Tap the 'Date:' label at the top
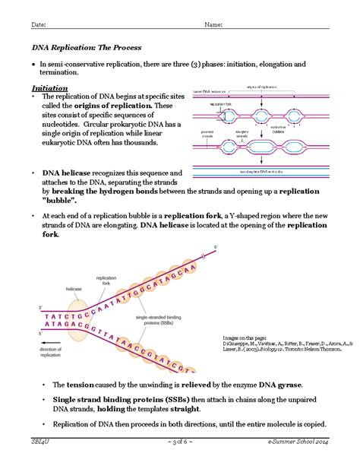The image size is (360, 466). [38, 24]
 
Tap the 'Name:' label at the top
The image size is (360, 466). [213, 24]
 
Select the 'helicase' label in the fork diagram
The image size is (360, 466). [73, 288]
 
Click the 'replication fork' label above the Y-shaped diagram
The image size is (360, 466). [106, 282]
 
